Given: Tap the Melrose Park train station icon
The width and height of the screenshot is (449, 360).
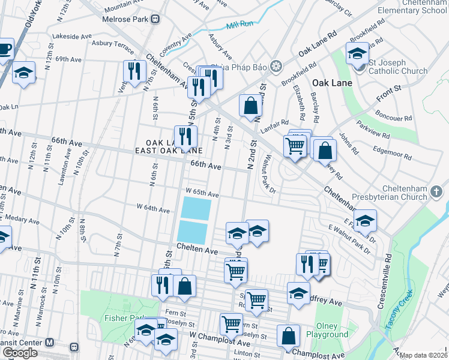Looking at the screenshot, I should (155, 19).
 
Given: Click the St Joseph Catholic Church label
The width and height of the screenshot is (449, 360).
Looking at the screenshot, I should (399, 67).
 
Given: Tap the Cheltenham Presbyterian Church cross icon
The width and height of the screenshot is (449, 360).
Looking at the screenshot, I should (437, 193).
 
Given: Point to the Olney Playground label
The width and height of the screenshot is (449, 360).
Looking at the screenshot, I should (327, 330).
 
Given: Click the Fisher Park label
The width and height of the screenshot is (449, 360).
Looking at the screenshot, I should (123, 318).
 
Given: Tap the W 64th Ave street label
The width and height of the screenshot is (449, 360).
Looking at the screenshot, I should (153, 208).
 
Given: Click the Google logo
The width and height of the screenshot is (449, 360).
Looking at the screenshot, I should (20, 353).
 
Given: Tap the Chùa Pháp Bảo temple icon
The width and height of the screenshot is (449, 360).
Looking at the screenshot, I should (276, 65).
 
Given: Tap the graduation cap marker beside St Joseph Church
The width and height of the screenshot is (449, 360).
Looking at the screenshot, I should (357, 54).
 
